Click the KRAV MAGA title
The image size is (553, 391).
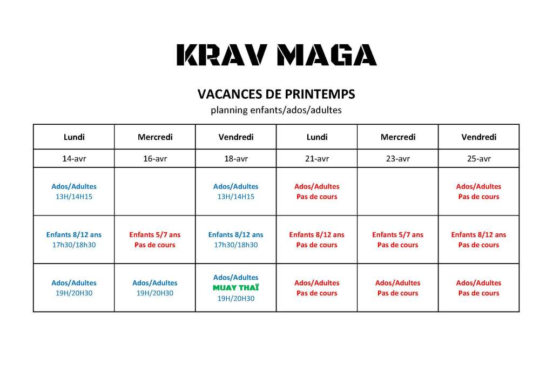pos(276,55)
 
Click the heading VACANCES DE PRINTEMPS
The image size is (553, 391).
pos(276,95)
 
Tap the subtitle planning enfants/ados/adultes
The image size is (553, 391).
pos(276,110)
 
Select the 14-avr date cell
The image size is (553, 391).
pos(74,159)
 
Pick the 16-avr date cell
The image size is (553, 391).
pos(155,159)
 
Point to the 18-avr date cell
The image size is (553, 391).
pos(236,159)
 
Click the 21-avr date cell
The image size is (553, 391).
pos(317,159)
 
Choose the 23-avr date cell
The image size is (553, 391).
pos(398,159)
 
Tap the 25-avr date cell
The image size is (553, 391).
pos(478,159)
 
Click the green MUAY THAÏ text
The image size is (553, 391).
pos(236,288)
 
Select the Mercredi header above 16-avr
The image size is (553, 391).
pos(155,137)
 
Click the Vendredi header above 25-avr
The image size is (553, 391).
pos(478,137)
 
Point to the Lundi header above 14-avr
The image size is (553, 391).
pos(74,137)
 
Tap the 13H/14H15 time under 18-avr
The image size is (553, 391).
pos(236,197)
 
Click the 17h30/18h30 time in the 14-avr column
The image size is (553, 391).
pos(74,245)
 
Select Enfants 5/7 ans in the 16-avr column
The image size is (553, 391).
pos(155,235)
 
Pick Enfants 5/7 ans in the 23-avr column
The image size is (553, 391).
pos(398,235)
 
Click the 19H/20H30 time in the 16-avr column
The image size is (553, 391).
pos(155,293)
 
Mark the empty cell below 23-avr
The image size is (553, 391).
pos(398,192)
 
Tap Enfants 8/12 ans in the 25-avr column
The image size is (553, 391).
pos(478,235)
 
